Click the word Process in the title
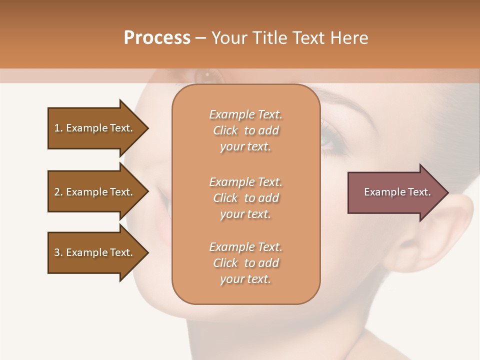157,38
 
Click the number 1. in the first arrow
58,128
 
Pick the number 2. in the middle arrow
58,192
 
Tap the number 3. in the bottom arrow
58,252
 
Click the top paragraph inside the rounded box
245,130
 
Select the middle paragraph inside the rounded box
245,198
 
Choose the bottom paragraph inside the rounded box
245,263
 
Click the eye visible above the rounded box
206,75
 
